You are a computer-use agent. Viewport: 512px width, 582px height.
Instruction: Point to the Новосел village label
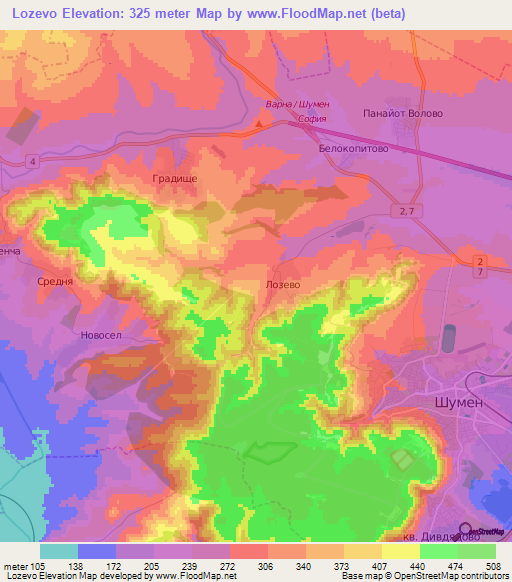100,336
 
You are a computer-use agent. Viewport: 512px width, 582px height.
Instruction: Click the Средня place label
54,282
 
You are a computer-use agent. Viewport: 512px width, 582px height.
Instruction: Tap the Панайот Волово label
403,113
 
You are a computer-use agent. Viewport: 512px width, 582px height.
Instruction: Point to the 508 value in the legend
489,565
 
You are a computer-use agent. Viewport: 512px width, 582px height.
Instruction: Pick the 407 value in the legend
378,565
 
